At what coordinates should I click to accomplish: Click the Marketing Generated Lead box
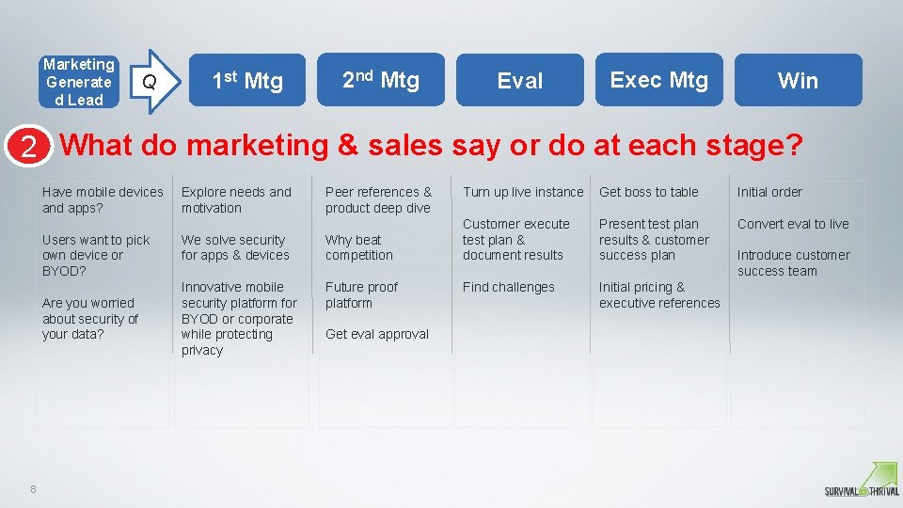(x=79, y=81)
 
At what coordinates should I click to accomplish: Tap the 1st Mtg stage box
(x=246, y=81)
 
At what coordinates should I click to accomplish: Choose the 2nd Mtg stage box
(x=381, y=80)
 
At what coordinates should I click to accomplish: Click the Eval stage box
(x=520, y=81)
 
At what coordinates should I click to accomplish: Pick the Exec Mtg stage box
(x=658, y=80)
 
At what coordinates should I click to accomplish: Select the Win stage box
(x=798, y=81)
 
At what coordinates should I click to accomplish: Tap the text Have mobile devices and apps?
(x=103, y=199)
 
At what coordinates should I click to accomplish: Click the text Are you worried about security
(x=89, y=318)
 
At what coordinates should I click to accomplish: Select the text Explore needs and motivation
(x=236, y=199)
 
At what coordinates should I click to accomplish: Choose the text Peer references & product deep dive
(x=378, y=199)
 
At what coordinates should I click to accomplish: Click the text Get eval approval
(x=376, y=334)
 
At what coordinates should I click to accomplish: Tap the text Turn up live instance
(x=523, y=192)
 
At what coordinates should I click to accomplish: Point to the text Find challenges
(x=508, y=287)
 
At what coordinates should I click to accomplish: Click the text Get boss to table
(x=649, y=192)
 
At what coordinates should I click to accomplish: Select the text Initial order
(x=769, y=192)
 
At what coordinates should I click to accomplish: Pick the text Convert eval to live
(x=793, y=224)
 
